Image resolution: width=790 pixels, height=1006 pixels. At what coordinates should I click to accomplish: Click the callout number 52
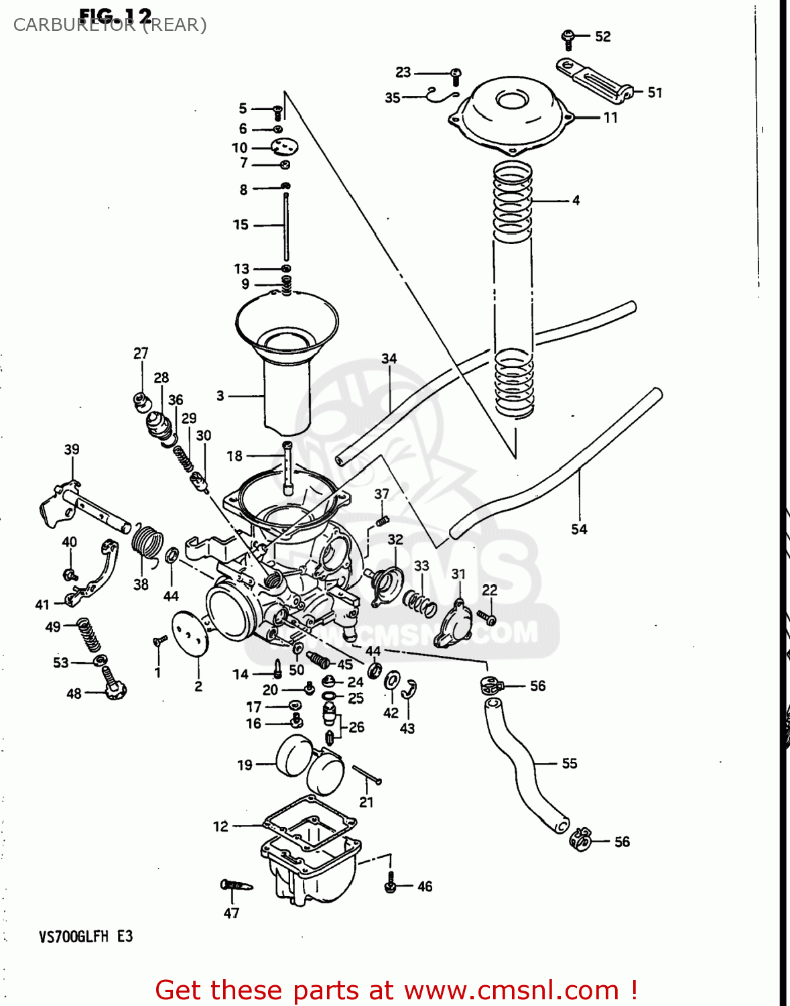(602, 37)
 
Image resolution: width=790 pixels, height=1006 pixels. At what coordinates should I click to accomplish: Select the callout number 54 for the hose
(579, 529)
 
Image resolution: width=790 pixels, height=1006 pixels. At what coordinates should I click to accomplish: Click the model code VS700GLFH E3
(86, 936)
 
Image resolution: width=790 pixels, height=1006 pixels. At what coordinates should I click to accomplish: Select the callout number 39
(72, 449)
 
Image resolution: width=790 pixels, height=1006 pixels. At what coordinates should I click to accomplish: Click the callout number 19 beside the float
(245, 765)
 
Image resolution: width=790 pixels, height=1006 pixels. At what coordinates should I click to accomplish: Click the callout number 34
(389, 359)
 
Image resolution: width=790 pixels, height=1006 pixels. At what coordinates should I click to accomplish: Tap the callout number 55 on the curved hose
(569, 763)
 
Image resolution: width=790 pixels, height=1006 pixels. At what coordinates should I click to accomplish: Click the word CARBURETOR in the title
(74, 25)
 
